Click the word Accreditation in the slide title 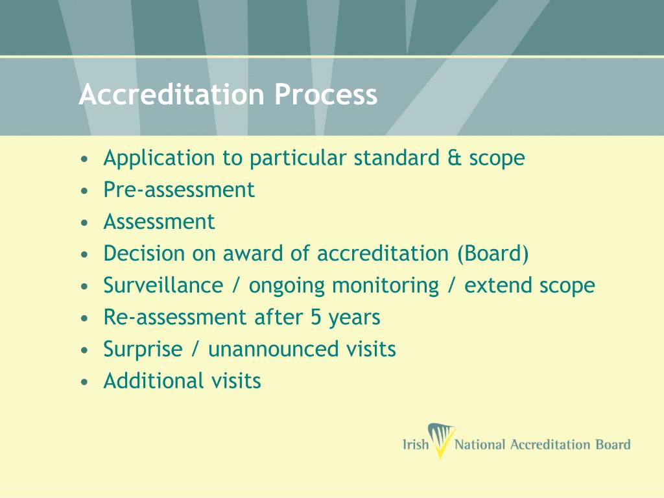click(171, 95)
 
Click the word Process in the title click(325, 95)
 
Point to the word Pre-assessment click(179, 189)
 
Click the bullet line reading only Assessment click(159, 222)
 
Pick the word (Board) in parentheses click(493, 254)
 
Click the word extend click(499, 285)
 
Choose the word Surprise click(143, 349)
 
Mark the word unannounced click(271, 349)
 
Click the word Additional click(152, 381)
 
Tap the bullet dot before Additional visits click(85, 381)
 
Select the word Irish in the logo click(416, 445)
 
